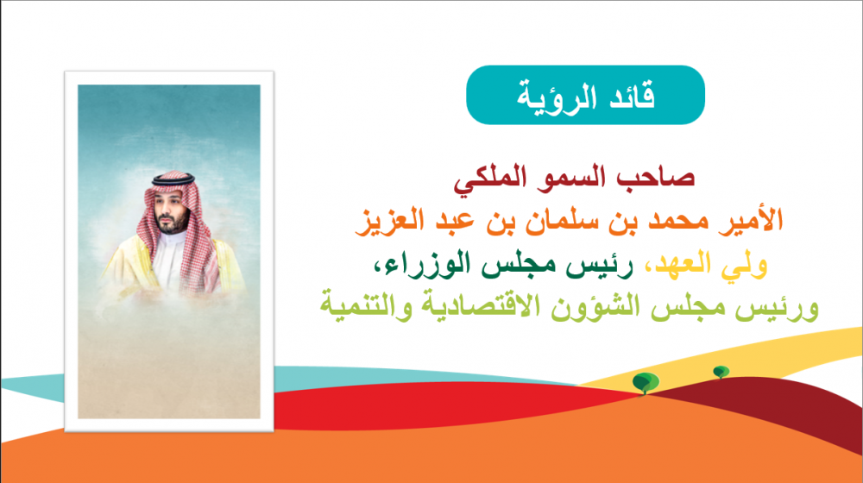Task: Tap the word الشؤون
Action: (x=601, y=307)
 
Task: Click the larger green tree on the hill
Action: (x=646, y=382)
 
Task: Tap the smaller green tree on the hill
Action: (x=721, y=372)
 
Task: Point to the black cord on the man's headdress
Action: (x=173, y=179)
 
